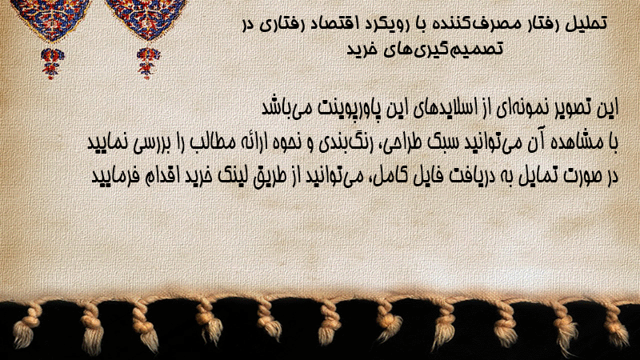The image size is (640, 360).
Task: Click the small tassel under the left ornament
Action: click(x=52, y=63)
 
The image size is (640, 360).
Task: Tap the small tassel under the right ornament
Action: click(x=148, y=63)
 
